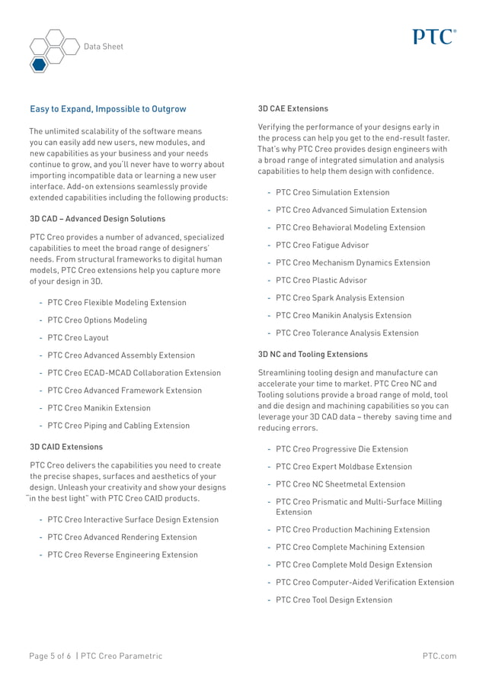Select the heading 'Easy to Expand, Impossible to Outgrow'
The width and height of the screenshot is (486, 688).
pyautogui.click(x=107, y=109)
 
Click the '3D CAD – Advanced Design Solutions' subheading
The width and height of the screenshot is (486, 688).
pyautogui.click(x=98, y=219)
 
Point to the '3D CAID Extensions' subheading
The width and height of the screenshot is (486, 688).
pyautogui.click(x=66, y=446)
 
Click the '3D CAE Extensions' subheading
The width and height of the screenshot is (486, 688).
pyautogui.click(x=293, y=109)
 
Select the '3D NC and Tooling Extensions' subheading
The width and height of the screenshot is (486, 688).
pyautogui.click(x=313, y=355)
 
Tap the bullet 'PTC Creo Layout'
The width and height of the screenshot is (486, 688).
pyautogui.click(x=78, y=338)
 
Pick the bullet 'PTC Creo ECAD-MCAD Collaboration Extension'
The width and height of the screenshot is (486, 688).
pyautogui.click(x=134, y=373)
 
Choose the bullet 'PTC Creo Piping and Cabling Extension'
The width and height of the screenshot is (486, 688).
pyautogui.click(x=118, y=426)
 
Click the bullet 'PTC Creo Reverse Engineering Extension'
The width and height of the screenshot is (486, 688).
pyautogui.click(x=122, y=555)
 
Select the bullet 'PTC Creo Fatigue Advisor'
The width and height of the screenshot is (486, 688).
pyautogui.click(x=322, y=246)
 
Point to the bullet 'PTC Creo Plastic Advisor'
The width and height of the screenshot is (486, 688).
pyautogui.click(x=321, y=281)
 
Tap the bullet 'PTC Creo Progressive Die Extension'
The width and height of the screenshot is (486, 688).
pyautogui.click(x=342, y=449)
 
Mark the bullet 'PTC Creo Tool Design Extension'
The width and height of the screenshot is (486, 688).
pyautogui.click(x=334, y=600)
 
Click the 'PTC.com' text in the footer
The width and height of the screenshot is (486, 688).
pyautogui.click(x=440, y=656)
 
